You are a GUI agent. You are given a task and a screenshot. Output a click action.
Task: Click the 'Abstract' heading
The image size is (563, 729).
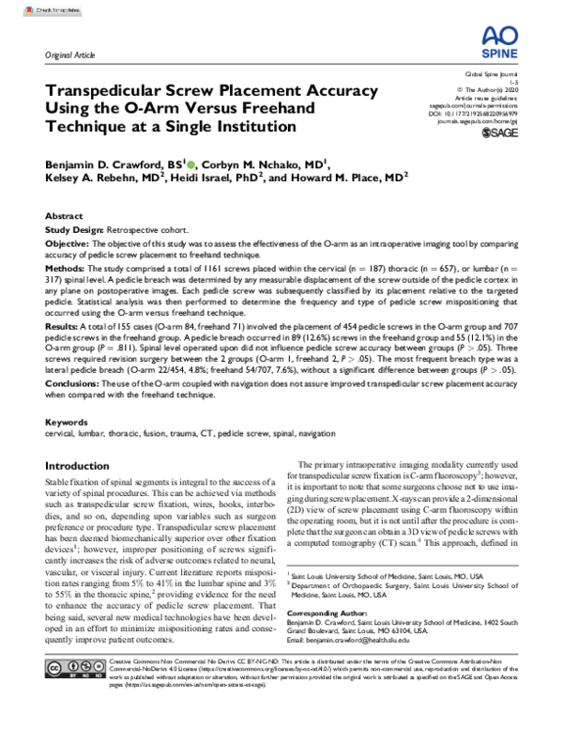(64, 215)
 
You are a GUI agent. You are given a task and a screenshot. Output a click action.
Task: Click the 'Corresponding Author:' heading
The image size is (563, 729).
(335, 611)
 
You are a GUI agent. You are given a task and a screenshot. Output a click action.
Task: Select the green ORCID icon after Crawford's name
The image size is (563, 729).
(193, 163)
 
